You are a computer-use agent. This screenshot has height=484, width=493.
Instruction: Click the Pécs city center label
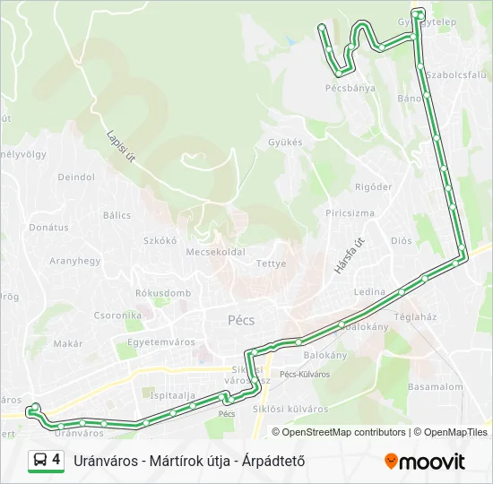[x=241, y=320]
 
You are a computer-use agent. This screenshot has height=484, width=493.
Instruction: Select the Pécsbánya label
[x=350, y=89]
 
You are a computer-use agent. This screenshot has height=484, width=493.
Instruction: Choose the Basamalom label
[x=435, y=387]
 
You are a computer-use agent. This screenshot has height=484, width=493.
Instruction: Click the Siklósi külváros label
[x=291, y=409]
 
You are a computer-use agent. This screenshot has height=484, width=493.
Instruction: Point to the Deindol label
[x=76, y=177]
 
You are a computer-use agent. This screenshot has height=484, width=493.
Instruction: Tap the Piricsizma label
[x=350, y=213]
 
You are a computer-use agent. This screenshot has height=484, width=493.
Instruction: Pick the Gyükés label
[x=285, y=143]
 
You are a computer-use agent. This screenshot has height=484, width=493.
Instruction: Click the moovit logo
[x=425, y=462]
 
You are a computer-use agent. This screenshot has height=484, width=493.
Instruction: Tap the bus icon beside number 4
[x=40, y=461]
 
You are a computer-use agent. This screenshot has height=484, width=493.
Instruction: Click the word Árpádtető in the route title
[x=271, y=462]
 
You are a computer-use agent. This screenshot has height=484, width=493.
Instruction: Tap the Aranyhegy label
[x=74, y=261]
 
